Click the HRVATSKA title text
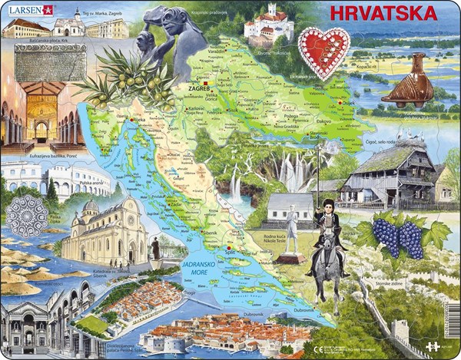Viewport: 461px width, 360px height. click(382, 14)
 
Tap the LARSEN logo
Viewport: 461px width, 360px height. click(27, 10)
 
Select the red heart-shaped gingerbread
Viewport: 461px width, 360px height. click(323, 51)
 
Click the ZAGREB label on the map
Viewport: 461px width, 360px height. click(197, 89)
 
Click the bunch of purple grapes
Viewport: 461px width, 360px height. click(398, 237)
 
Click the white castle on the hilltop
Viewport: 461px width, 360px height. click(268, 22)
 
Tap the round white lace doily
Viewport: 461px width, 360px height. click(27, 215)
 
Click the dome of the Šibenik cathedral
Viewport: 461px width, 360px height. click(91, 207)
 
